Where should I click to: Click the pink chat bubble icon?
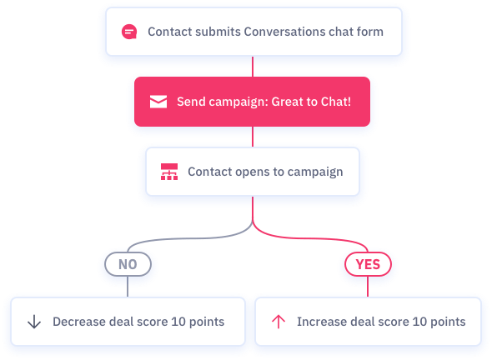(x=129, y=32)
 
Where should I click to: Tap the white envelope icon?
(x=158, y=102)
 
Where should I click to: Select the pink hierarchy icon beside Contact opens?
(x=169, y=172)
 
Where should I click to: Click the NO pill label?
(x=128, y=264)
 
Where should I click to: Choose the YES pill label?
(x=368, y=264)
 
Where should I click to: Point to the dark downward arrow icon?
(x=34, y=322)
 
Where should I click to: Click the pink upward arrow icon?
(x=279, y=322)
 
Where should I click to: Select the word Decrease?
(x=78, y=322)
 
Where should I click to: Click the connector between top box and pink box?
(x=253, y=67)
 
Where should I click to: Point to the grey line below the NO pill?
(x=128, y=287)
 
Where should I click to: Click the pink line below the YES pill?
(x=368, y=287)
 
